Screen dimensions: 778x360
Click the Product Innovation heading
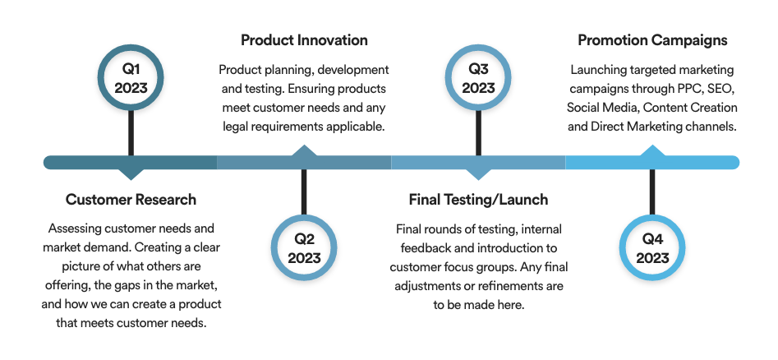[x=304, y=40]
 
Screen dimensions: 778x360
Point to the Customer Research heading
[x=131, y=200]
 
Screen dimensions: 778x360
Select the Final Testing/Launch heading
[x=478, y=200]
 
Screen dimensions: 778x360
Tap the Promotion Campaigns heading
[x=652, y=40]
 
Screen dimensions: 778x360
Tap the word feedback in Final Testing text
[x=421, y=247]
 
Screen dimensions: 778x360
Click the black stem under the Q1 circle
[x=131, y=133]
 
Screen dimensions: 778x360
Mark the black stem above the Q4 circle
[x=652, y=192]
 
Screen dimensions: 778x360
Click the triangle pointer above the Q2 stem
[x=304, y=150]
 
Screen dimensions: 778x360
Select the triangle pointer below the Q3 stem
[x=478, y=174]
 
